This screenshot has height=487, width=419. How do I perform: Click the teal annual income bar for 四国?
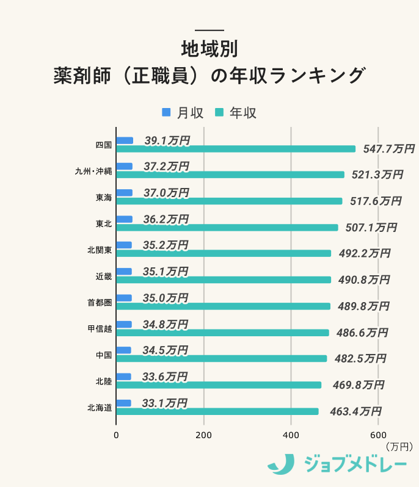click(x=235, y=149)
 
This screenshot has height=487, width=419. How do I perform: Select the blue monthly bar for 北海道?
click(x=123, y=403)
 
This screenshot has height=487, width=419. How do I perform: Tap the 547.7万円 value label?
click(x=388, y=149)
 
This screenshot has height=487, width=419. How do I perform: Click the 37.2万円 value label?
click(x=167, y=167)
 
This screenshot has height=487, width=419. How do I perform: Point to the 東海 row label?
click(x=103, y=198)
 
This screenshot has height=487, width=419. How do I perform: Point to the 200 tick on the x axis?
click(x=203, y=435)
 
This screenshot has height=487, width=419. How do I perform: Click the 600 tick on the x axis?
click(x=378, y=435)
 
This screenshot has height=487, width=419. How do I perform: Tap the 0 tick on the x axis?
click(x=116, y=435)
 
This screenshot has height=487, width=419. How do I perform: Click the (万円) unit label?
click(x=400, y=447)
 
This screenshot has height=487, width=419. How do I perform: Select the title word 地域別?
click(x=209, y=48)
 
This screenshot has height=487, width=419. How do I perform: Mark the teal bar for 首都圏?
click(x=223, y=306)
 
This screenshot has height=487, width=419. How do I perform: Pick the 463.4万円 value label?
click(x=355, y=411)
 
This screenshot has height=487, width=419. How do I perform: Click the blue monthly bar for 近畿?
click(x=124, y=272)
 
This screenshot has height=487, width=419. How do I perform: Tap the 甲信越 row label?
click(x=100, y=329)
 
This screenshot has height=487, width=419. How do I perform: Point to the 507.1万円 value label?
click(x=371, y=228)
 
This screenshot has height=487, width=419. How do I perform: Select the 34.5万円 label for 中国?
click(x=165, y=350)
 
